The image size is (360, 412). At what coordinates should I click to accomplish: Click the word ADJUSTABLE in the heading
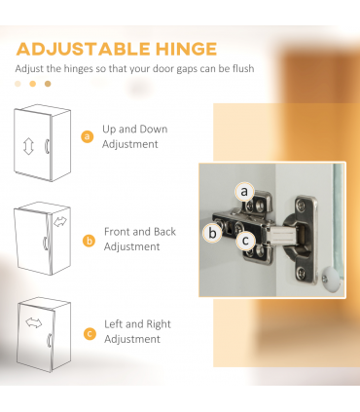83,50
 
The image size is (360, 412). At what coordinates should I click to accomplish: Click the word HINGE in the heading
186,50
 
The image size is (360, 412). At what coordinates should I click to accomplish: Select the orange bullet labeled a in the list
87,136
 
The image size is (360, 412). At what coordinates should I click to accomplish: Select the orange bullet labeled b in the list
89,242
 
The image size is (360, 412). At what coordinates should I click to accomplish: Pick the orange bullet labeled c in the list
90,334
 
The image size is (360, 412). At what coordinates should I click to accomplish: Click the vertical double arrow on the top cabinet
28,146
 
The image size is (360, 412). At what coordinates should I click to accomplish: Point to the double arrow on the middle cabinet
60,222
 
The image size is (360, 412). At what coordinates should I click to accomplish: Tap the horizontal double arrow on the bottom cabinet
34,323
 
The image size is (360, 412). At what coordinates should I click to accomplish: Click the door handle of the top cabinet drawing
47,146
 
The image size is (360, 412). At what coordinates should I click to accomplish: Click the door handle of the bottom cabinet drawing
50,340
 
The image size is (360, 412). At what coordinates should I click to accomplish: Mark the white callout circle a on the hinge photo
244,192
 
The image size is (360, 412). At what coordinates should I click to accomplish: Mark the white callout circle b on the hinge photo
212,233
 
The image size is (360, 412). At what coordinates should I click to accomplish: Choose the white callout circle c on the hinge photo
245,241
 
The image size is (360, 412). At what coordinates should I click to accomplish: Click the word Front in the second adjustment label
117,232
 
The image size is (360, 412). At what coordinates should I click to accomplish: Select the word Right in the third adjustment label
159,324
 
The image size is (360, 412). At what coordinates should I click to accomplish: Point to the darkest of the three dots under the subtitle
48,84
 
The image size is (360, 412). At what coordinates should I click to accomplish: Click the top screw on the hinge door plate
302,205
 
